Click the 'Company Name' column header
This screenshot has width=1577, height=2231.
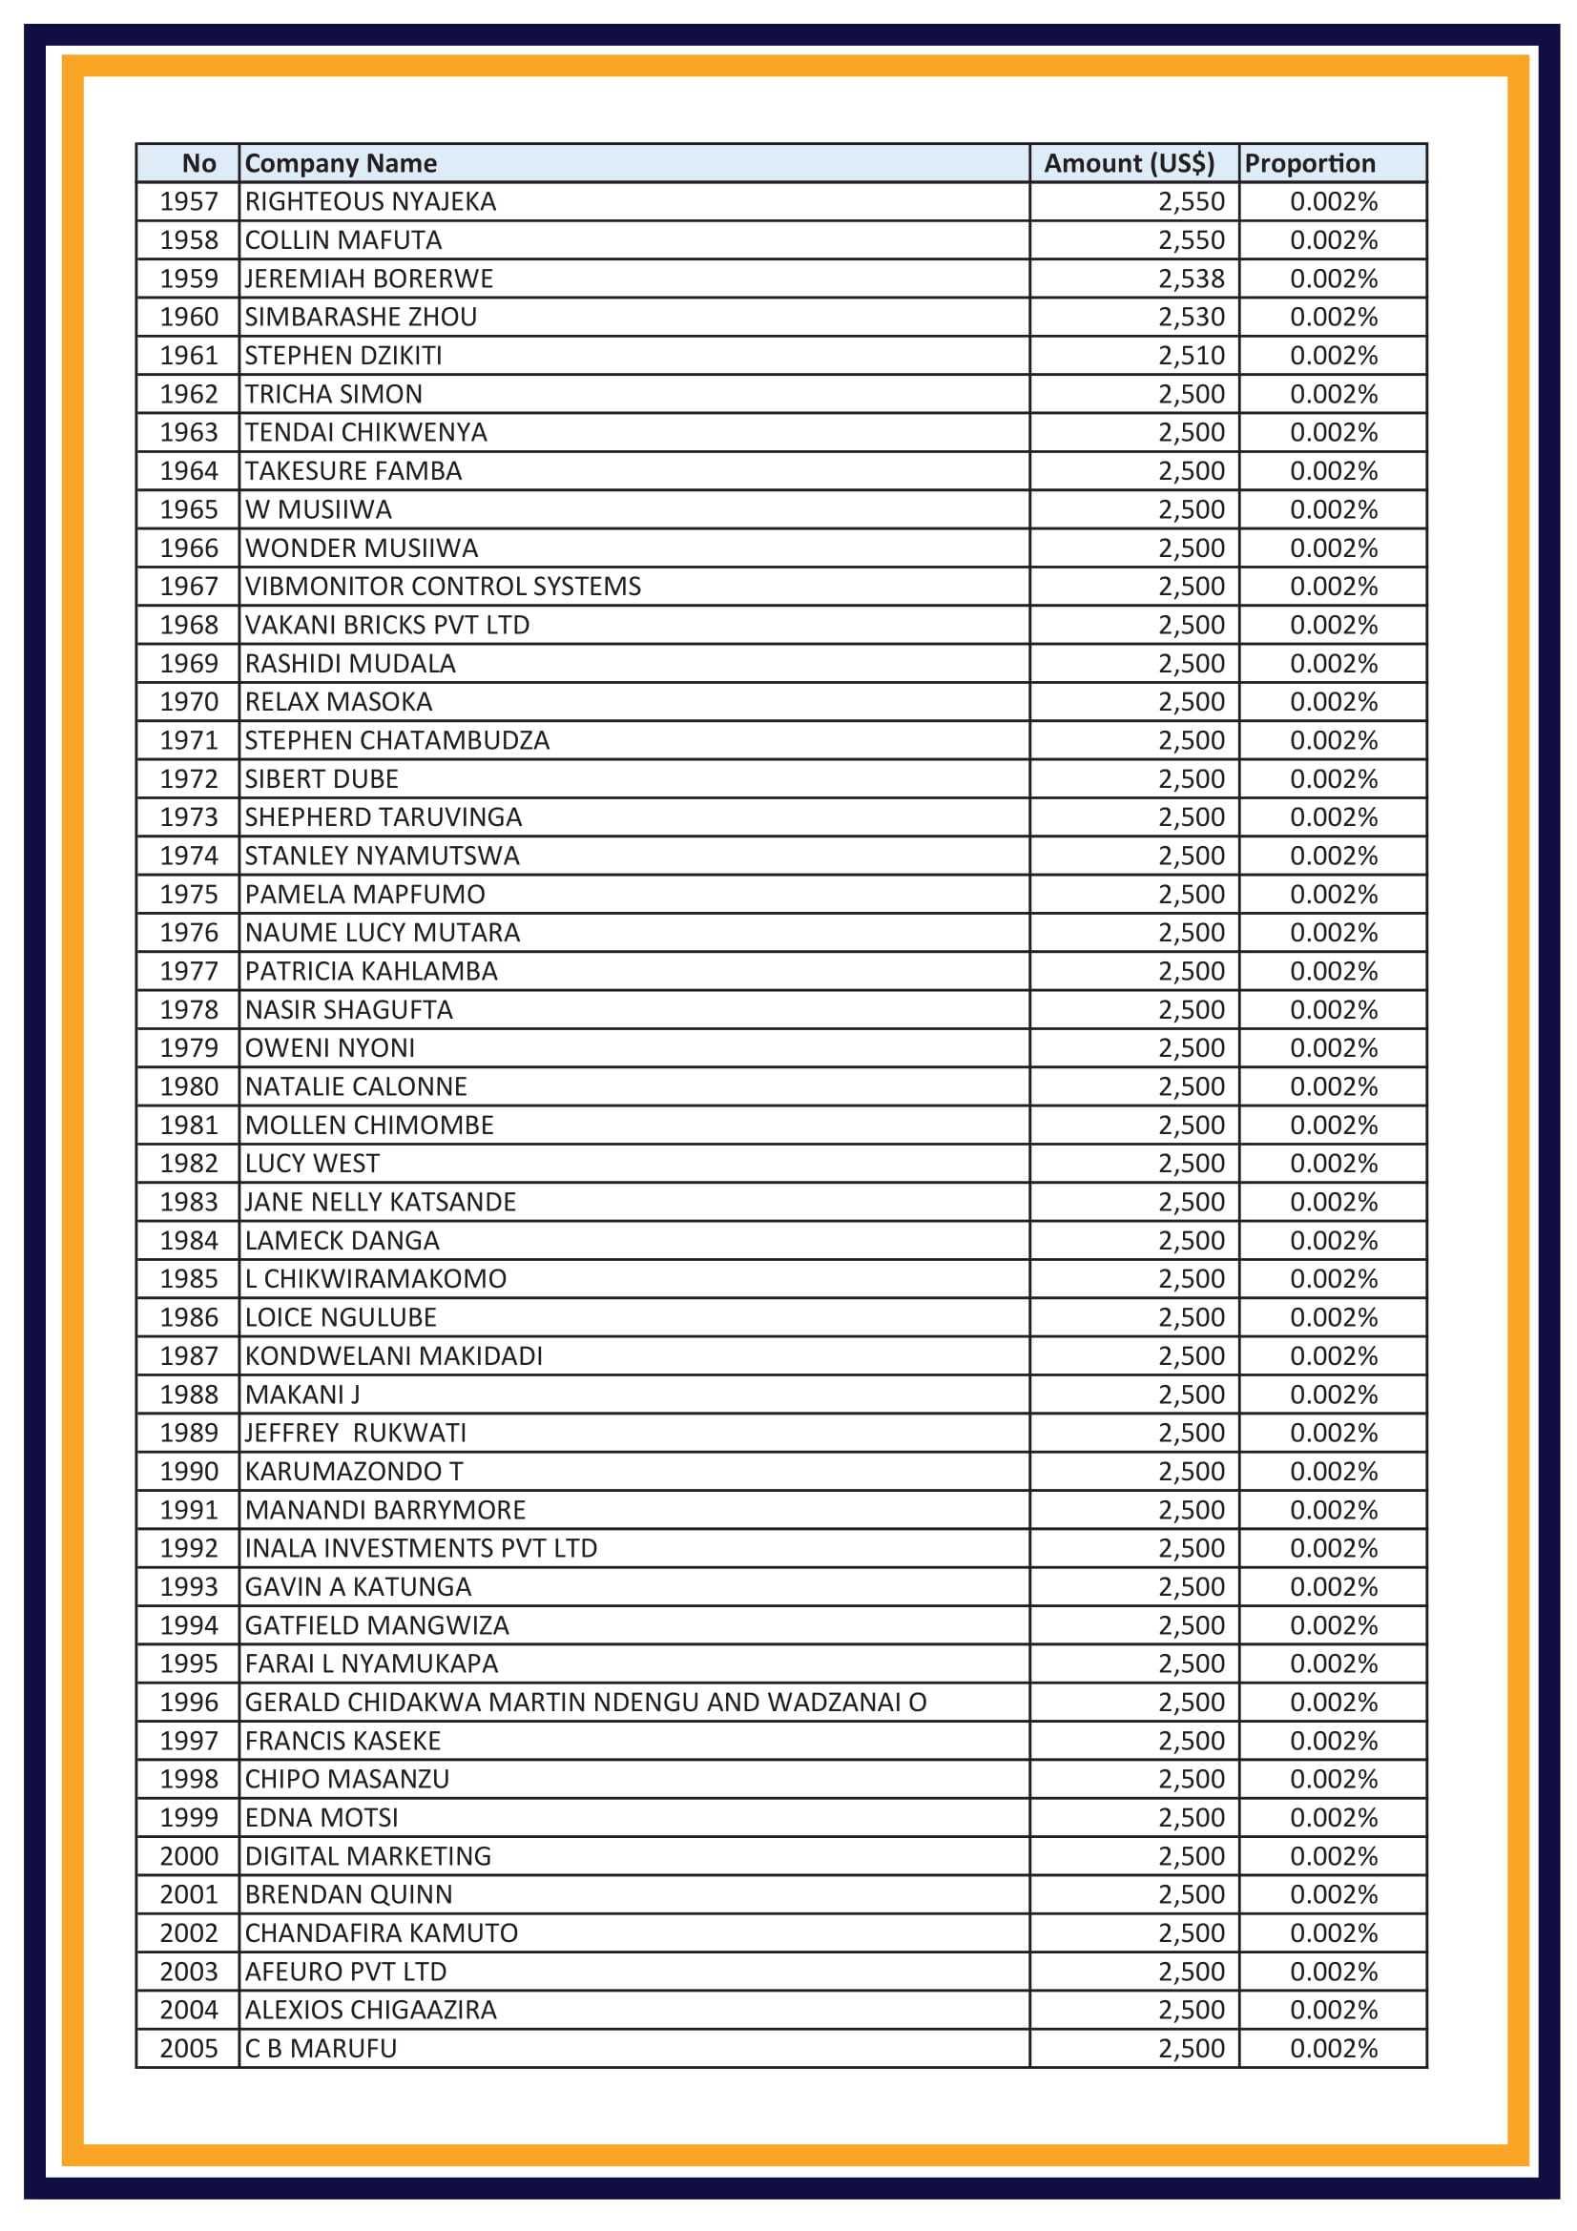(x=340, y=163)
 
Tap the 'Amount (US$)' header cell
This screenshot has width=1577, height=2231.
(x=1128, y=163)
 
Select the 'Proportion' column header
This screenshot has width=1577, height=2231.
(x=1309, y=163)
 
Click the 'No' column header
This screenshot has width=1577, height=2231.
(x=198, y=163)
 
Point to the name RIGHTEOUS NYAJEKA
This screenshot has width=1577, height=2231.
(x=370, y=201)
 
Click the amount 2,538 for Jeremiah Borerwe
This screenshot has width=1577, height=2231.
(x=1191, y=279)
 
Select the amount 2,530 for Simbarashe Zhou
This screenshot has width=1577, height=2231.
(x=1191, y=317)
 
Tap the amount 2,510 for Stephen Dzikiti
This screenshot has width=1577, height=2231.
(x=1191, y=356)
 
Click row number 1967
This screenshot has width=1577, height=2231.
(x=189, y=586)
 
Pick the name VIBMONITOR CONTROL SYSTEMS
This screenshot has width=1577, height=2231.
(x=442, y=586)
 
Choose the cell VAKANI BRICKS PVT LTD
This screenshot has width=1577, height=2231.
(x=386, y=625)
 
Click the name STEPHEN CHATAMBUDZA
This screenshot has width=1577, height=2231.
(x=397, y=740)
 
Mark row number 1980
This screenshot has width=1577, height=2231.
(x=189, y=1086)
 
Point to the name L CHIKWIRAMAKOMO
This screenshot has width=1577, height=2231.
(x=375, y=1279)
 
